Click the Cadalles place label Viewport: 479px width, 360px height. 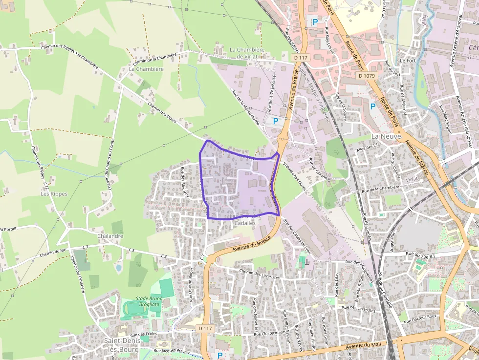point(245,223)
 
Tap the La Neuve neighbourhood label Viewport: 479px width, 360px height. point(386,136)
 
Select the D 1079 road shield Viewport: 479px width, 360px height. point(366,76)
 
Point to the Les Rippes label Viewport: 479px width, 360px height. point(54,194)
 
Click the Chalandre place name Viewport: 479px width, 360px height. point(110,236)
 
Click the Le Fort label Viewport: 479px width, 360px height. point(407,61)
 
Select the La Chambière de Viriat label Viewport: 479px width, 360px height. point(247,53)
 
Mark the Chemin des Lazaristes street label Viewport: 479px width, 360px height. point(260,274)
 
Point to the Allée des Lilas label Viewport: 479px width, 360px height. point(370,147)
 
